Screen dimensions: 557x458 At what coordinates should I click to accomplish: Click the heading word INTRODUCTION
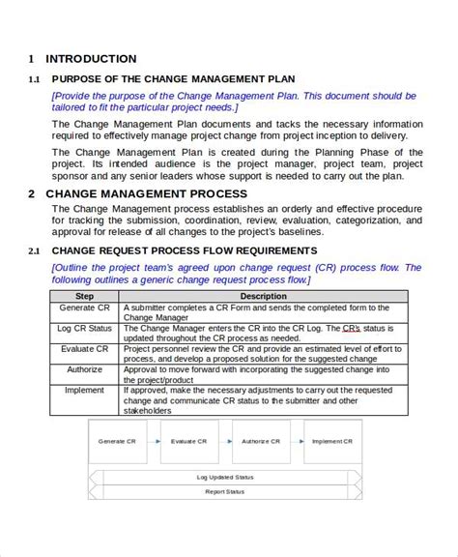click(x=91, y=59)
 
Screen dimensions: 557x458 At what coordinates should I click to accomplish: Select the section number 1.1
click(x=34, y=79)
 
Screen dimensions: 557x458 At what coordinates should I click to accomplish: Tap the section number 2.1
click(x=34, y=251)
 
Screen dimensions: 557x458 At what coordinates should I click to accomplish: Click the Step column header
click(x=85, y=296)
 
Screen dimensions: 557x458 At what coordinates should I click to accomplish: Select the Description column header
click(x=264, y=296)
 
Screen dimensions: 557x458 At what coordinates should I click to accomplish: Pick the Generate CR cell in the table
click(x=85, y=308)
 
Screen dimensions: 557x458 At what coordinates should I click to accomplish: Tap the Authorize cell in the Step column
click(x=85, y=368)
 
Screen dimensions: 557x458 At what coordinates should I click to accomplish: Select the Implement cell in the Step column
click(x=85, y=390)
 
